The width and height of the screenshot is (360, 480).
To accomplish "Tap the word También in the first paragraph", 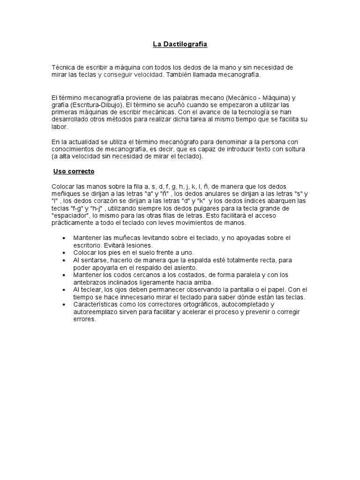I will click(179, 75).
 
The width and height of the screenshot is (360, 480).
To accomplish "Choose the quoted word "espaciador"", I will click(69, 216).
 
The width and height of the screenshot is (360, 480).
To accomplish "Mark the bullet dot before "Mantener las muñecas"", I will click(64, 238).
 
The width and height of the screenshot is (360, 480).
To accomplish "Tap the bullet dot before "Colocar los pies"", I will click(64, 253).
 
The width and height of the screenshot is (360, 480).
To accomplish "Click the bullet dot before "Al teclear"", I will click(64, 290).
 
